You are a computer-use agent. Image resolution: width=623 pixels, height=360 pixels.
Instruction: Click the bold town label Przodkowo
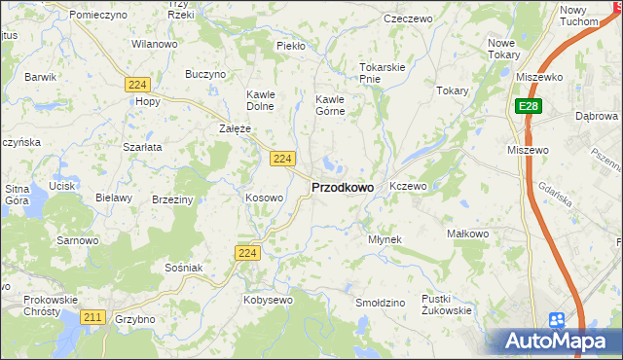coord(342,188)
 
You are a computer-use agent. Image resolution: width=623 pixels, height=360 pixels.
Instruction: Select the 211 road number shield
coord(93,317)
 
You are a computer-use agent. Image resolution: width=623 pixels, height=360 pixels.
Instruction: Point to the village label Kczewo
coord(408,185)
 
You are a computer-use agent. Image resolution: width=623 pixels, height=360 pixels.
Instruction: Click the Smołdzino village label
coord(380,303)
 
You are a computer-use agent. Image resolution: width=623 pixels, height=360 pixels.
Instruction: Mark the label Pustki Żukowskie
coord(447,305)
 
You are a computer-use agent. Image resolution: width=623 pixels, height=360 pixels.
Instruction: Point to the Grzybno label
coord(135,319)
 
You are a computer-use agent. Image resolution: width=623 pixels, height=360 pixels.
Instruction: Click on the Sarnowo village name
coord(78,239)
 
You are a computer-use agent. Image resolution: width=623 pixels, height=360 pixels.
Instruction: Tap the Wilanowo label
coord(154,45)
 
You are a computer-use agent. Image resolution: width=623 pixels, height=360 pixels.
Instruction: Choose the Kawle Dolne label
coord(261,100)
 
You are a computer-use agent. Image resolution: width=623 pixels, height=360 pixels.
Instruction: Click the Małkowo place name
coord(466,234)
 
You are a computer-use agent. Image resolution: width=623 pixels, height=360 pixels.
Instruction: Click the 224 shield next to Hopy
coord(136,86)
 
